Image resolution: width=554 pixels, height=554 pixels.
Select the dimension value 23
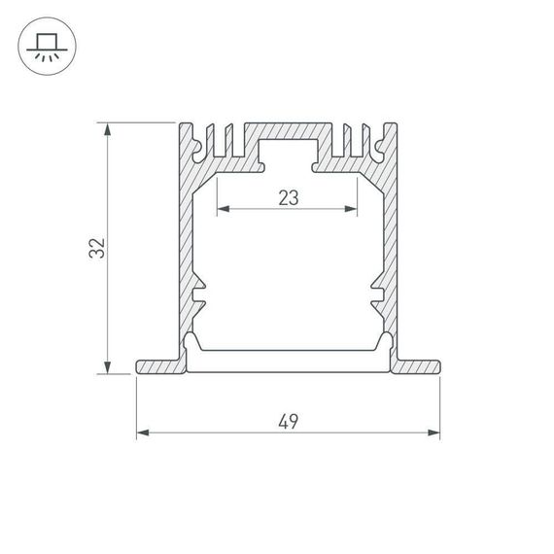[288, 198]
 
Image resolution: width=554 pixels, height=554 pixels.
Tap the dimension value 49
[288, 421]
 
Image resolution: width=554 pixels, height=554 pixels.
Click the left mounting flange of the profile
[158, 365]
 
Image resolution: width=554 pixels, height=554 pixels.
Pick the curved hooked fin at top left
[200, 144]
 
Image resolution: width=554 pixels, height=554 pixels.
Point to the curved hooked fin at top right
[375, 144]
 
